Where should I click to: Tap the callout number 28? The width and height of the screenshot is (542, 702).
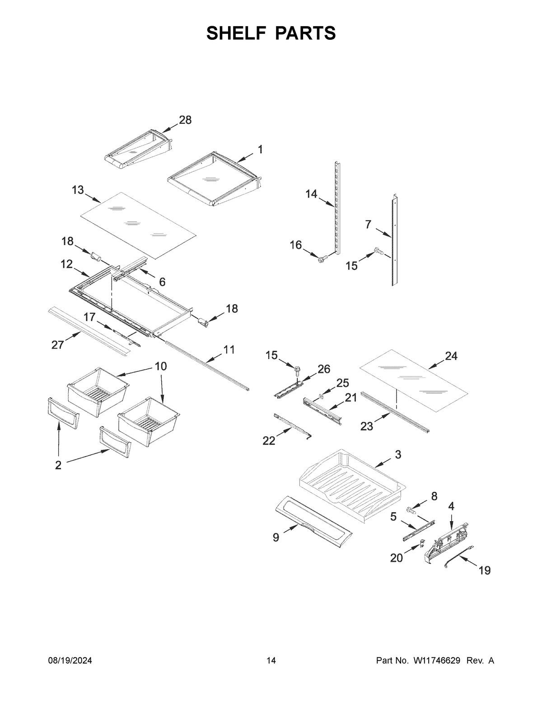tap(185, 120)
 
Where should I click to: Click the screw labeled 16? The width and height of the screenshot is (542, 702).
tap(322, 259)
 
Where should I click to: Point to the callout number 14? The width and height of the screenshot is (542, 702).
tap(311, 194)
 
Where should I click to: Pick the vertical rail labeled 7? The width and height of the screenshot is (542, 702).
tap(395, 240)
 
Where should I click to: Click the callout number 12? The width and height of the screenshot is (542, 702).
tap(66, 264)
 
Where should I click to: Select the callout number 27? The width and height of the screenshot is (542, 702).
tap(57, 346)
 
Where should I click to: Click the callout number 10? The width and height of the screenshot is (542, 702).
tap(160, 366)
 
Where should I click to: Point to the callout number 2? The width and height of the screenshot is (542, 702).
tap(58, 466)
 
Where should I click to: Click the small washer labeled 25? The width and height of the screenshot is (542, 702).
tap(321, 396)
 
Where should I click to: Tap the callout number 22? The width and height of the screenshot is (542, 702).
tap(269, 440)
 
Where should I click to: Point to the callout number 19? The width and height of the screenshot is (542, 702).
tap(484, 570)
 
